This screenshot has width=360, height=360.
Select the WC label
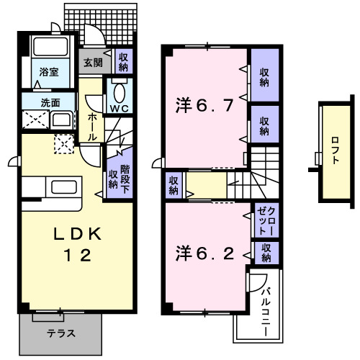pos(118,108)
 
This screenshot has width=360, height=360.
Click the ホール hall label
pos(93,127)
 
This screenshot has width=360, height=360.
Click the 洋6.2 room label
pos(204,253)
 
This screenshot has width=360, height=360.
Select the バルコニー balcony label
pos(265,307)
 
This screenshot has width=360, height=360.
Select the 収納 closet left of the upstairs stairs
pos(174,186)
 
